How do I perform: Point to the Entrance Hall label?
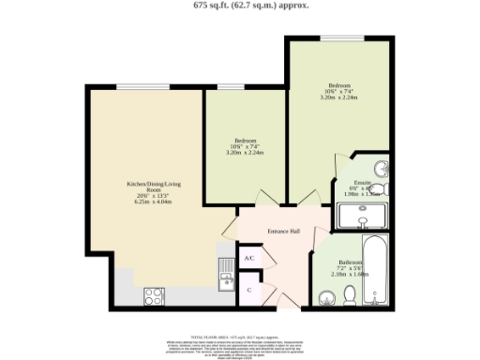pyautogui.click(x=283, y=231)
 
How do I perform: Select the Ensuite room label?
pyautogui.click(x=362, y=182)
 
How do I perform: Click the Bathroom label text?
pyautogui.click(x=351, y=262)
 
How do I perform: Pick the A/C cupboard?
pyautogui.click(x=249, y=258)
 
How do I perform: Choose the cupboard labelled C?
pyautogui.click(x=248, y=290)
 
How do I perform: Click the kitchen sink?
pyautogui.click(x=226, y=272)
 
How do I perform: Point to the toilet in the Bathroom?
pyautogui.click(x=349, y=295)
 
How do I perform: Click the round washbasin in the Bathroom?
pyautogui.click(x=324, y=298)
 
